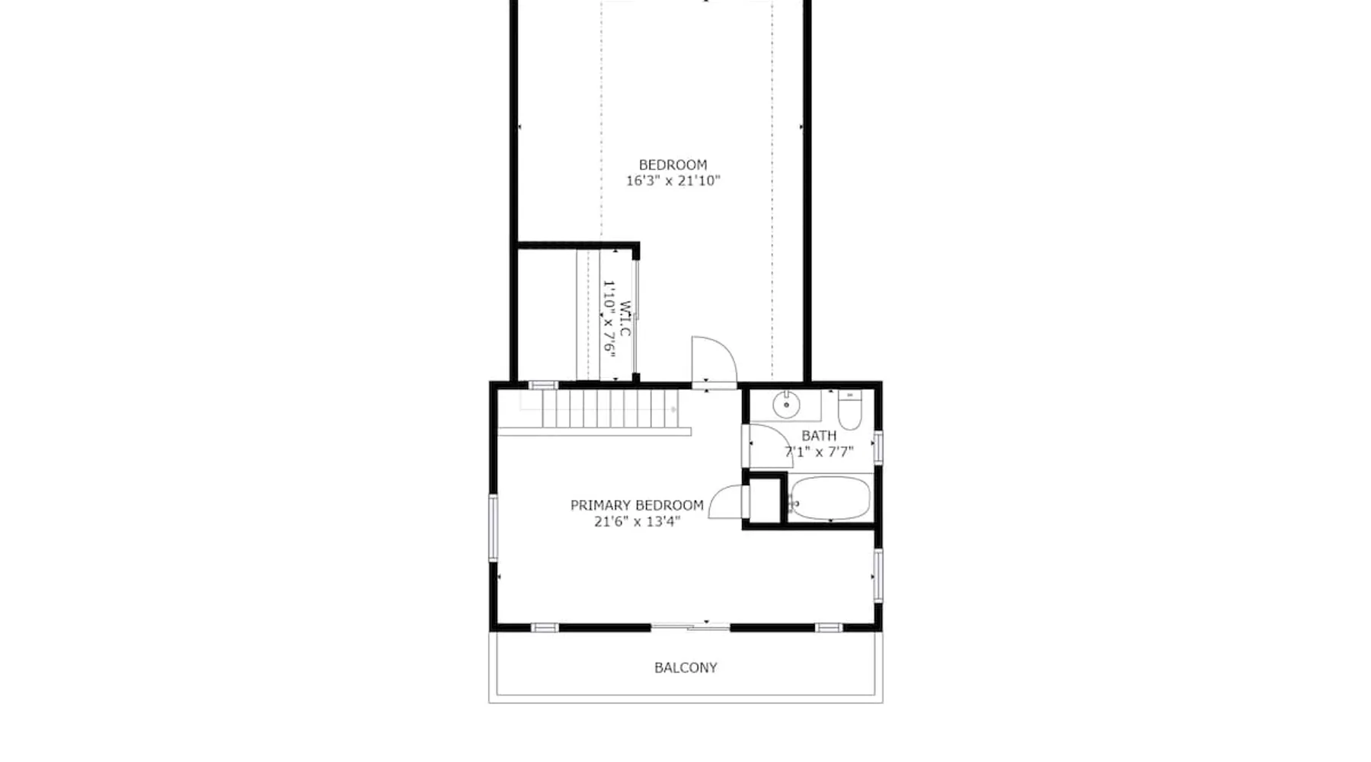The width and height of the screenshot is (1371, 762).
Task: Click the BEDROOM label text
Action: [673, 165]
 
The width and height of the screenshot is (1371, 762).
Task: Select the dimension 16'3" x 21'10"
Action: [673, 181]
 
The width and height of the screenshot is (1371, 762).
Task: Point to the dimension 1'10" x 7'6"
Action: [609, 316]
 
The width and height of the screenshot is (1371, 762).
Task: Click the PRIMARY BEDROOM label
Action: [637, 505]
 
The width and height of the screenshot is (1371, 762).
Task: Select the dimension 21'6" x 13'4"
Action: [638, 521]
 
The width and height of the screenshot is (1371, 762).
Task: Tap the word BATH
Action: [819, 436]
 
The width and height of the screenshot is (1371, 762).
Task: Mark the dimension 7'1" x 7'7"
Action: [819, 452]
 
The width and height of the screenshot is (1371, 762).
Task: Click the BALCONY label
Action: [685, 668]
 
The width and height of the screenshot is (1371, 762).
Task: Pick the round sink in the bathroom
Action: [786, 405]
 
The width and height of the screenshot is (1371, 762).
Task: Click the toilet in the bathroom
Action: [849, 410]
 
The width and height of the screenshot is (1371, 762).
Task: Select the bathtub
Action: [829, 498]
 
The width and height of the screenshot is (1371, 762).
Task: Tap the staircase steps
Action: [609, 409]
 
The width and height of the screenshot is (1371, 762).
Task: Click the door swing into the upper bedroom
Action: [714, 360]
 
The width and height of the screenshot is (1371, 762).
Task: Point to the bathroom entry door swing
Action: [769, 446]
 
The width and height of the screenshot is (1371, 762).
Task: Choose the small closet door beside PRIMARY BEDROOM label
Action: [726, 502]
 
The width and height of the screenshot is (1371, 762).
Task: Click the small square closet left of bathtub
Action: [764, 500]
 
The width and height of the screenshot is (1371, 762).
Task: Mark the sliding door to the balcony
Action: [691, 627]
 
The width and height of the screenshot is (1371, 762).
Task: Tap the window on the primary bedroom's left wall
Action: [494, 527]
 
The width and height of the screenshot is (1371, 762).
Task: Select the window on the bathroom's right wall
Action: [877, 447]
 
